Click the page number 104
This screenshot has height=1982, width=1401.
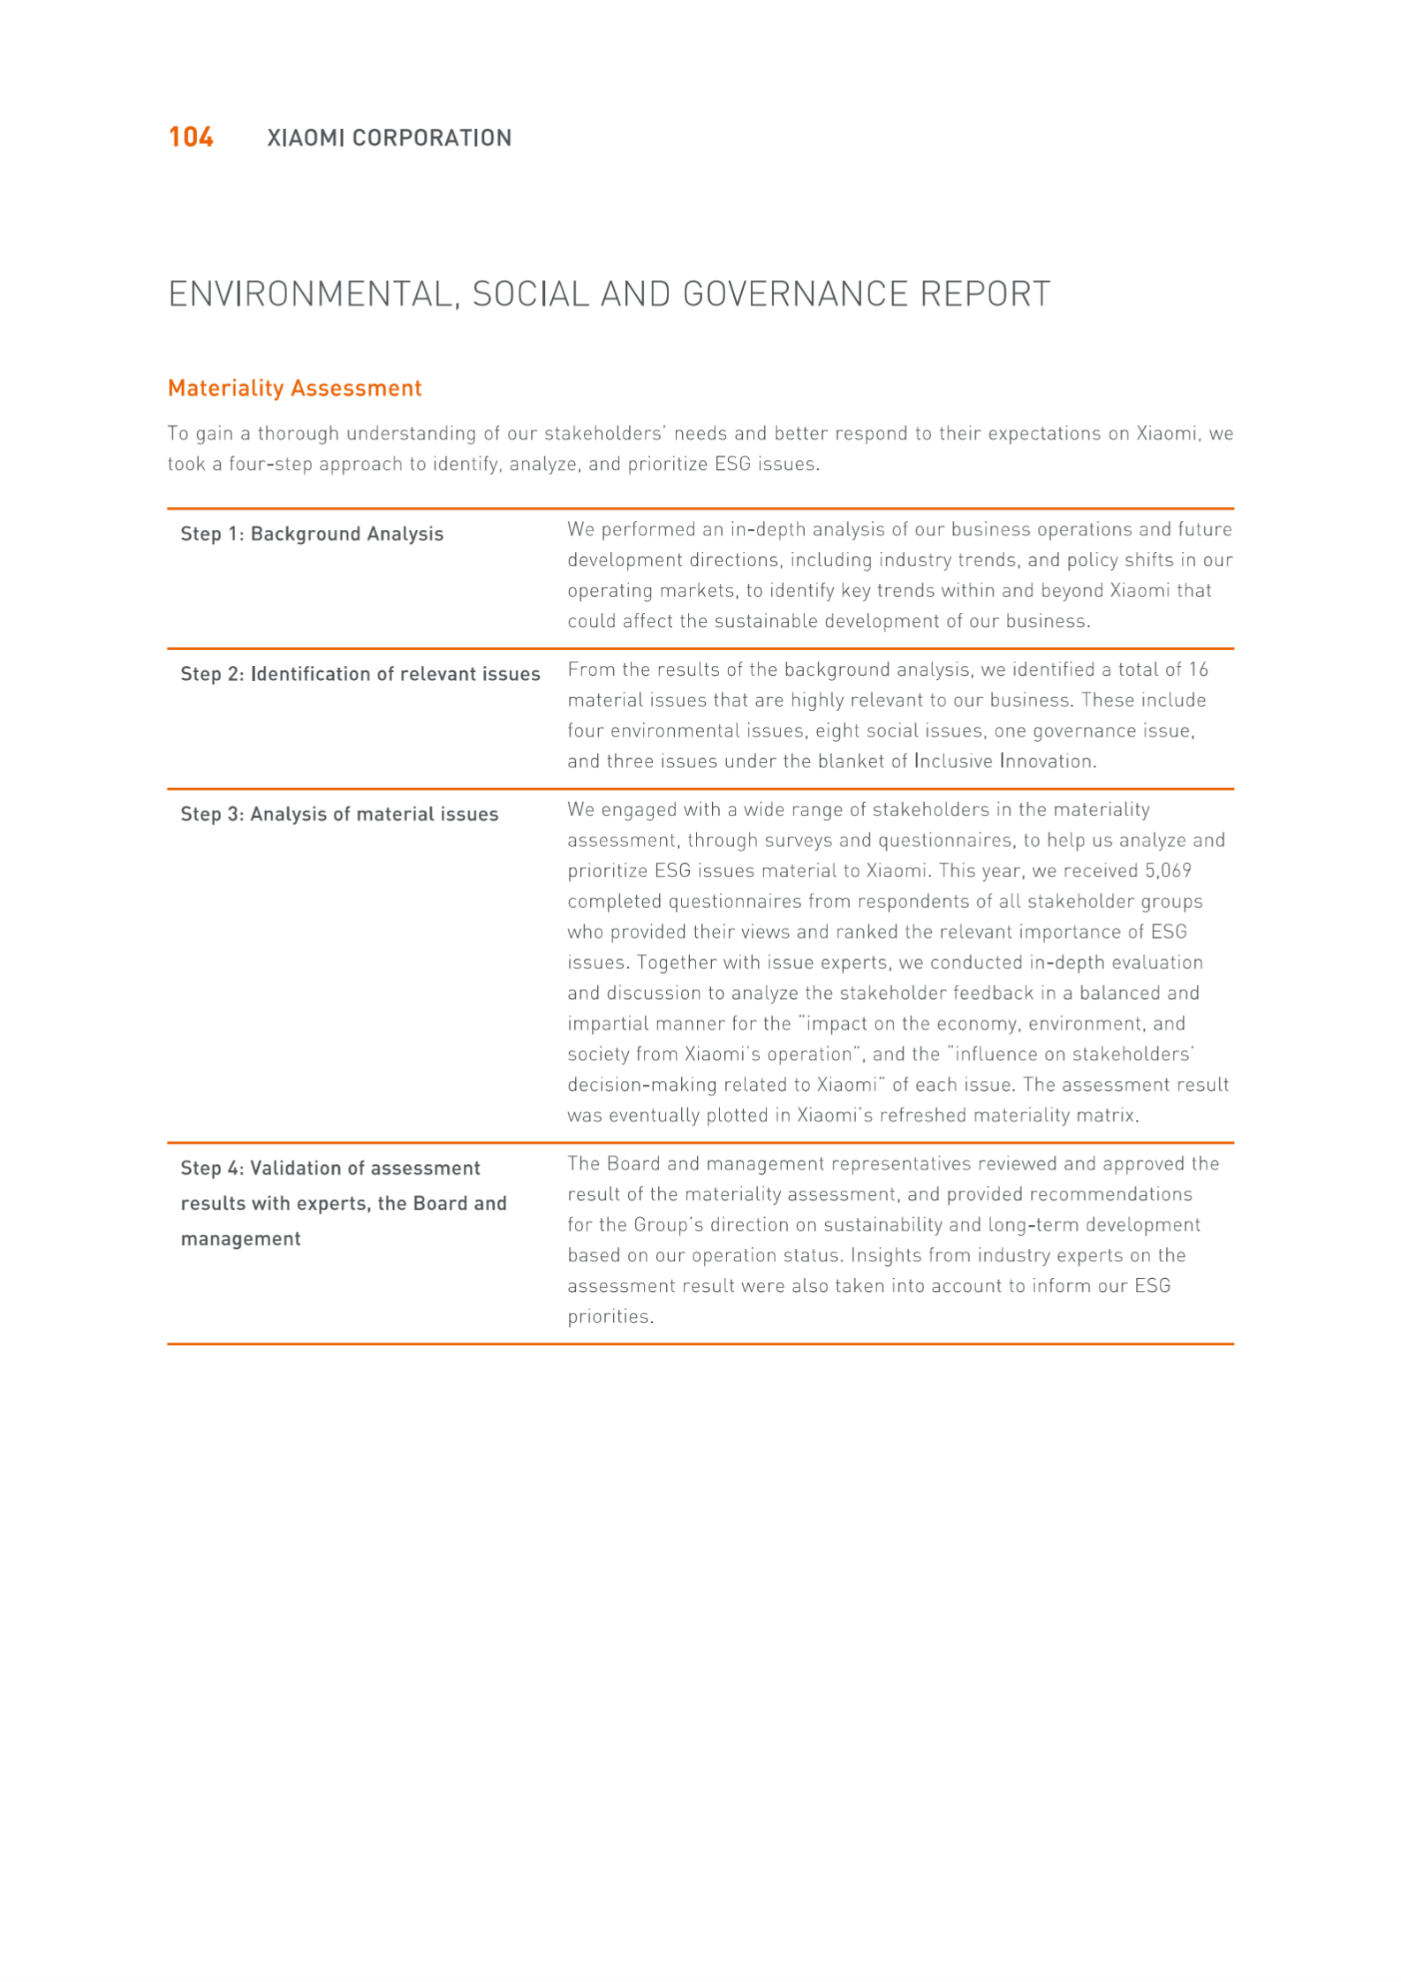coord(191,137)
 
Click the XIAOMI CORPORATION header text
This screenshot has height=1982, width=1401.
coord(389,138)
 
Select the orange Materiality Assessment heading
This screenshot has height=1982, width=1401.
coord(294,388)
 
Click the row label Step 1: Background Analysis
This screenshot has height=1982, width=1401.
coord(312,533)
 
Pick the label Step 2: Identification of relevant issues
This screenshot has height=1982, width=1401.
coord(360,674)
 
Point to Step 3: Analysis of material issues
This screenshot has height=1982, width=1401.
coord(339,814)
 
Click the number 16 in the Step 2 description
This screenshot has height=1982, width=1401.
coord(1197,669)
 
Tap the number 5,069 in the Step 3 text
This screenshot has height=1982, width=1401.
coord(1168,871)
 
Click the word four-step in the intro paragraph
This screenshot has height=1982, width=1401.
coord(270,464)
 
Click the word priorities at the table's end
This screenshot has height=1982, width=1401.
coord(610,1317)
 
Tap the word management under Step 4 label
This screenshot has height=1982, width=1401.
coord(240,1239)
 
